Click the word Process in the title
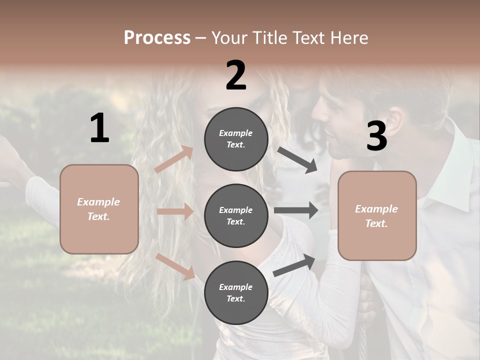[x=157, y=37]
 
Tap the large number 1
[x=99, y=128]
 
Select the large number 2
[x=236, y=75]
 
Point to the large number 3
[x=376, y=136]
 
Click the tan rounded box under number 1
[x=99, y=209]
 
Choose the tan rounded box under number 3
[x=377, y=216]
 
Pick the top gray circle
[x=236, y=139]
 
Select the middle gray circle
[x=236, y=215]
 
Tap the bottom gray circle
[x=236, y=292]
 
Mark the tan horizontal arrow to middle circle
[x=175, y=212]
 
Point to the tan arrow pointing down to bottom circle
[x=175, y=266]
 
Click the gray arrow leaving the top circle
[x=297, y=160]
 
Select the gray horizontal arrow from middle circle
[x=296, y=210]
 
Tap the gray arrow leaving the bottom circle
[x=294, y=265]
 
